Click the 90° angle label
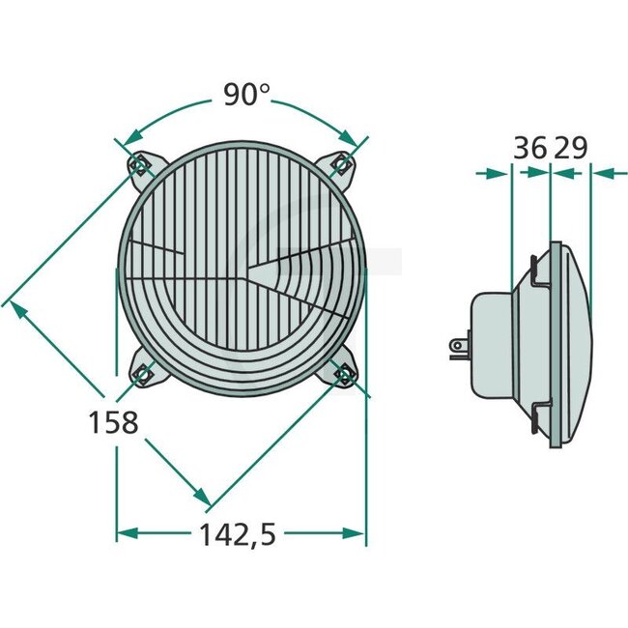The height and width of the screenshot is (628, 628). pos(246,95)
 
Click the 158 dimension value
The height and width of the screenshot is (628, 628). pos(114,422)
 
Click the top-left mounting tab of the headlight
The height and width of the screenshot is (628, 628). pos(140,165)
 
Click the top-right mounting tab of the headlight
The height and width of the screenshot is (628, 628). pos(341,165)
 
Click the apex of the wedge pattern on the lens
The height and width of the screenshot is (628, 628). pos(247,271)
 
